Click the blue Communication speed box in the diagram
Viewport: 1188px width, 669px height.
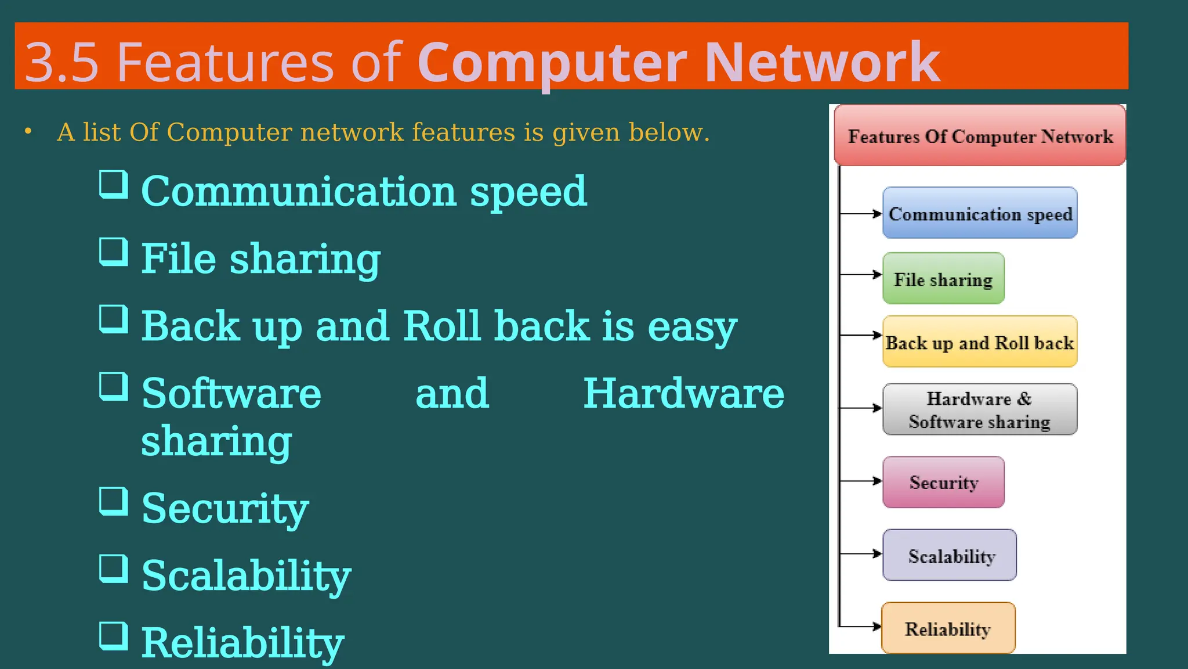pyautogui.click(x=980, y=213)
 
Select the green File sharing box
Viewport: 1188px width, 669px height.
pyautogui.click(x=943, y=279)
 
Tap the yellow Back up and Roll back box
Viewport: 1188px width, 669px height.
pyautogui.click(x=980, y=342)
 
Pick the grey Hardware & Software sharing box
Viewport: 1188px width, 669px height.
pyautogui.click(x=980, y=409)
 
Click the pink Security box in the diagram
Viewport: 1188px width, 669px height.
pyautogui.click(x=943, y=482)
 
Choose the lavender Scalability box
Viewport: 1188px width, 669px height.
pyautogui.click(x=950, y=555)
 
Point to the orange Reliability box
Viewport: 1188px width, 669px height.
pyautogui.click(x=948, y=628)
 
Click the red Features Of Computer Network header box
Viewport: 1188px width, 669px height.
pyautogui.click(x=980, y=135)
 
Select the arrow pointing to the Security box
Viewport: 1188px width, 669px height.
pyautogui.click(x=861, y=481)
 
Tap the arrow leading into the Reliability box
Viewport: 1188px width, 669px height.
pyautogui.click(x=861, y=627)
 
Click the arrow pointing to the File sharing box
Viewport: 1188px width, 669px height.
pyautogui.click(x=861, y=275)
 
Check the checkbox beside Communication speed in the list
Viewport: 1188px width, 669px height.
pyautogui.click(x=113, y=185)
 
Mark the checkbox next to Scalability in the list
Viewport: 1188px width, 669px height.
pyautogui.click(x=113, y=569)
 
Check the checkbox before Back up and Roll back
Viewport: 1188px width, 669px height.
pyautogui.click(x=113, y=319)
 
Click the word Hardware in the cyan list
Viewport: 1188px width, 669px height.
pyautogui.click(x=683, y=394)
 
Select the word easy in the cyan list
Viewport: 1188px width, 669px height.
pyautogui.click(x=692, y=327)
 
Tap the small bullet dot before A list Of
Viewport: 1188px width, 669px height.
pyautogui.click(x=28, y=132)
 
